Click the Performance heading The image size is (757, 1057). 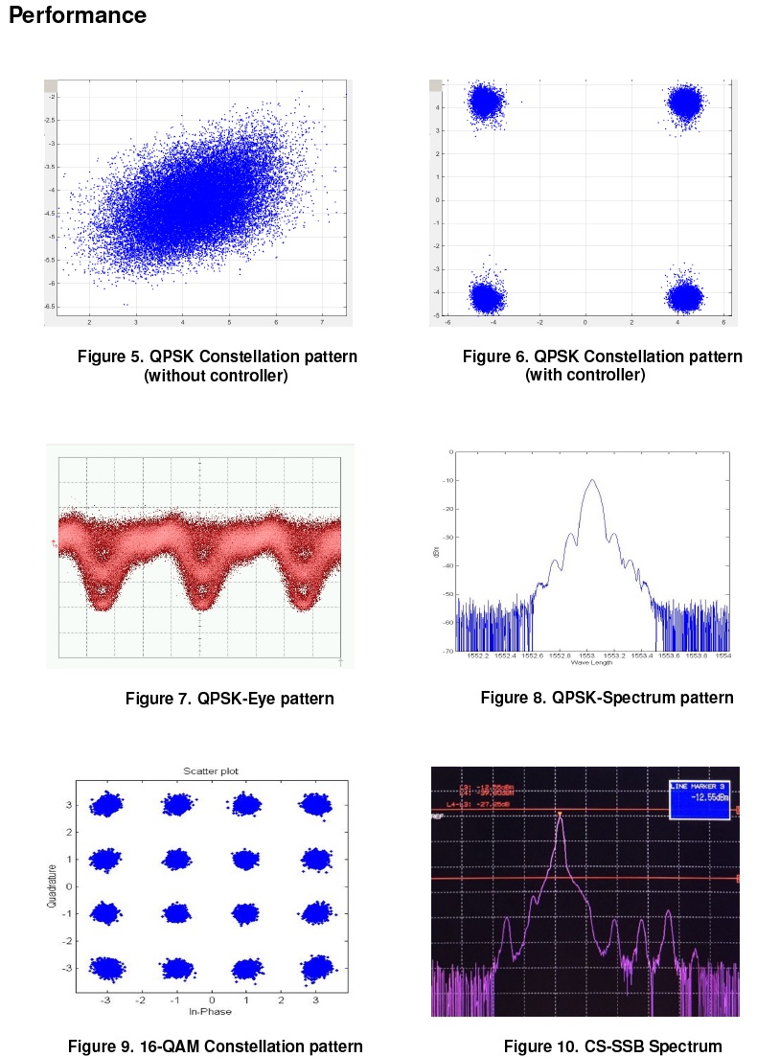pos(78,16)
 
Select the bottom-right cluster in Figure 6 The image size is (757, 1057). pos(685,297)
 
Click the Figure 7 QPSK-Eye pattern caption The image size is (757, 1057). pos(229,699)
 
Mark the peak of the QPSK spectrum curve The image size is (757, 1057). pos(591,480)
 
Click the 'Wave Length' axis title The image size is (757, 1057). pos(590,663)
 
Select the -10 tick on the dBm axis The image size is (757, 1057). pos(447,480)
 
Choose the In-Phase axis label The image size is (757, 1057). pos(211,1012)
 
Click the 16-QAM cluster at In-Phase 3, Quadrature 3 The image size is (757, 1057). pos(315,805)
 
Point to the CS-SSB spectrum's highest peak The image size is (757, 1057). pos(560,816)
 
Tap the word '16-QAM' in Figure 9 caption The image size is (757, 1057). pos(148,1046)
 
